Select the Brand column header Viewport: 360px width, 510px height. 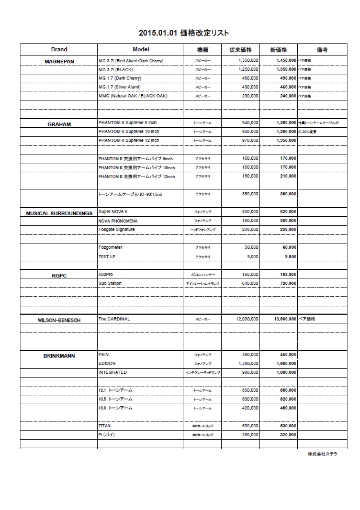tap(59, 50)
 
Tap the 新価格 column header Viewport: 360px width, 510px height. tap(278, 50)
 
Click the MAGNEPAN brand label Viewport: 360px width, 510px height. tap(59, 62)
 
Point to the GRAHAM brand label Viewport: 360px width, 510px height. tap(59, 125)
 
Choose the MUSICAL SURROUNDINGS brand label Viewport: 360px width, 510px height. tap(59, 214)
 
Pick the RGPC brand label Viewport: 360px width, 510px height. tap(59, 275)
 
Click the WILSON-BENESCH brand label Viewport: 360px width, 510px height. tap(59, 320)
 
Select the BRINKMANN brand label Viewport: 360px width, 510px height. tap(59, 356)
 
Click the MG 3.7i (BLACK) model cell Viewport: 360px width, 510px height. tap(116, 69)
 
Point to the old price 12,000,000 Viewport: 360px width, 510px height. tap(243, 318)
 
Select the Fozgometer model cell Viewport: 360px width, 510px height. tap(110, 247)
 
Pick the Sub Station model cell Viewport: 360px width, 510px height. tap(110, 283)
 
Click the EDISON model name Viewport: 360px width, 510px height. tap(107, 363)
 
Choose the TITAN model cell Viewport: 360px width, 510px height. tap(104, 426)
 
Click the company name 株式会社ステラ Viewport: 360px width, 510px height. tap(322, 454)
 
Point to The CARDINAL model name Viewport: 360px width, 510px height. tap(114, 318)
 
